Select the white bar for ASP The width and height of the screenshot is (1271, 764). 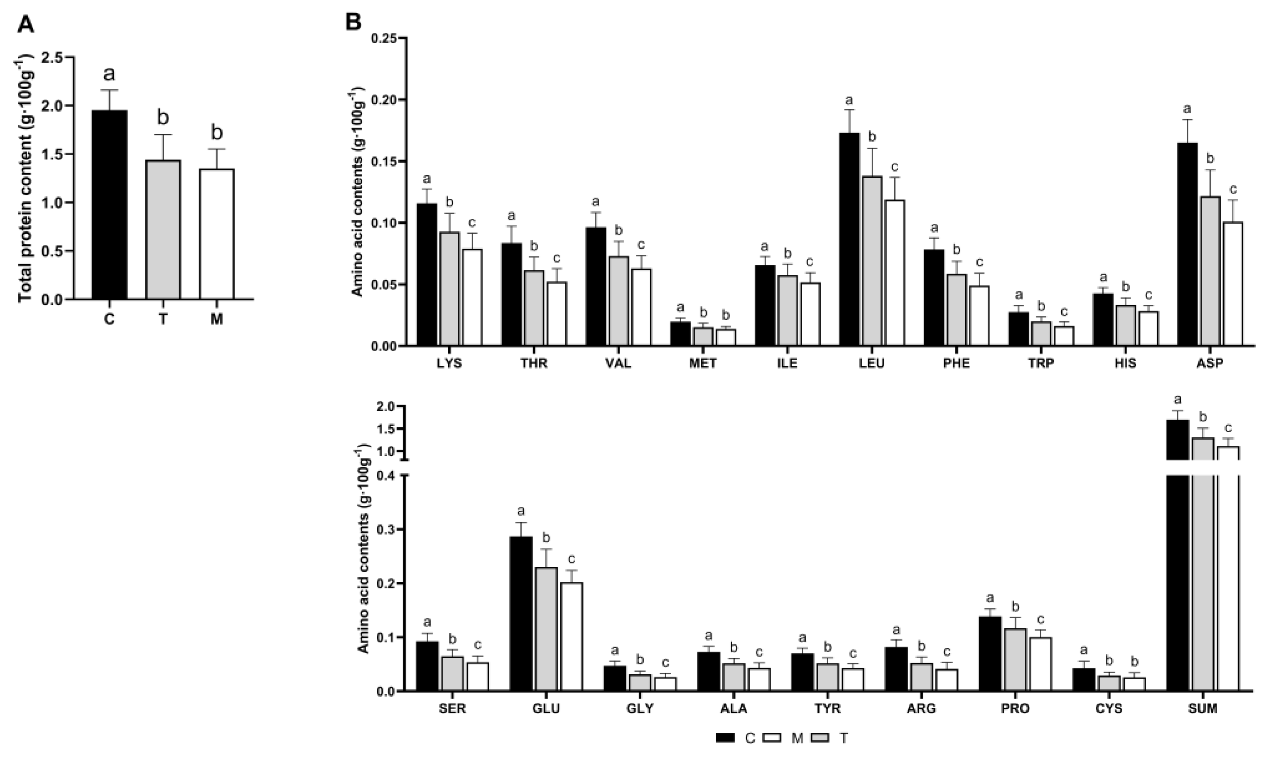1233,283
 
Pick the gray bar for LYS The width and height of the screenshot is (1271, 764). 449,288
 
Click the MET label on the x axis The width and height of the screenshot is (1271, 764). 702,363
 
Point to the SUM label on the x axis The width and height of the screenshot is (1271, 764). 1202,709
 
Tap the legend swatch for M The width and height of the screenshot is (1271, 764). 770,738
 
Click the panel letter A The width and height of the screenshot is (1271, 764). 25,24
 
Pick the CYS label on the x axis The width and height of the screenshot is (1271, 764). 1109,709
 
